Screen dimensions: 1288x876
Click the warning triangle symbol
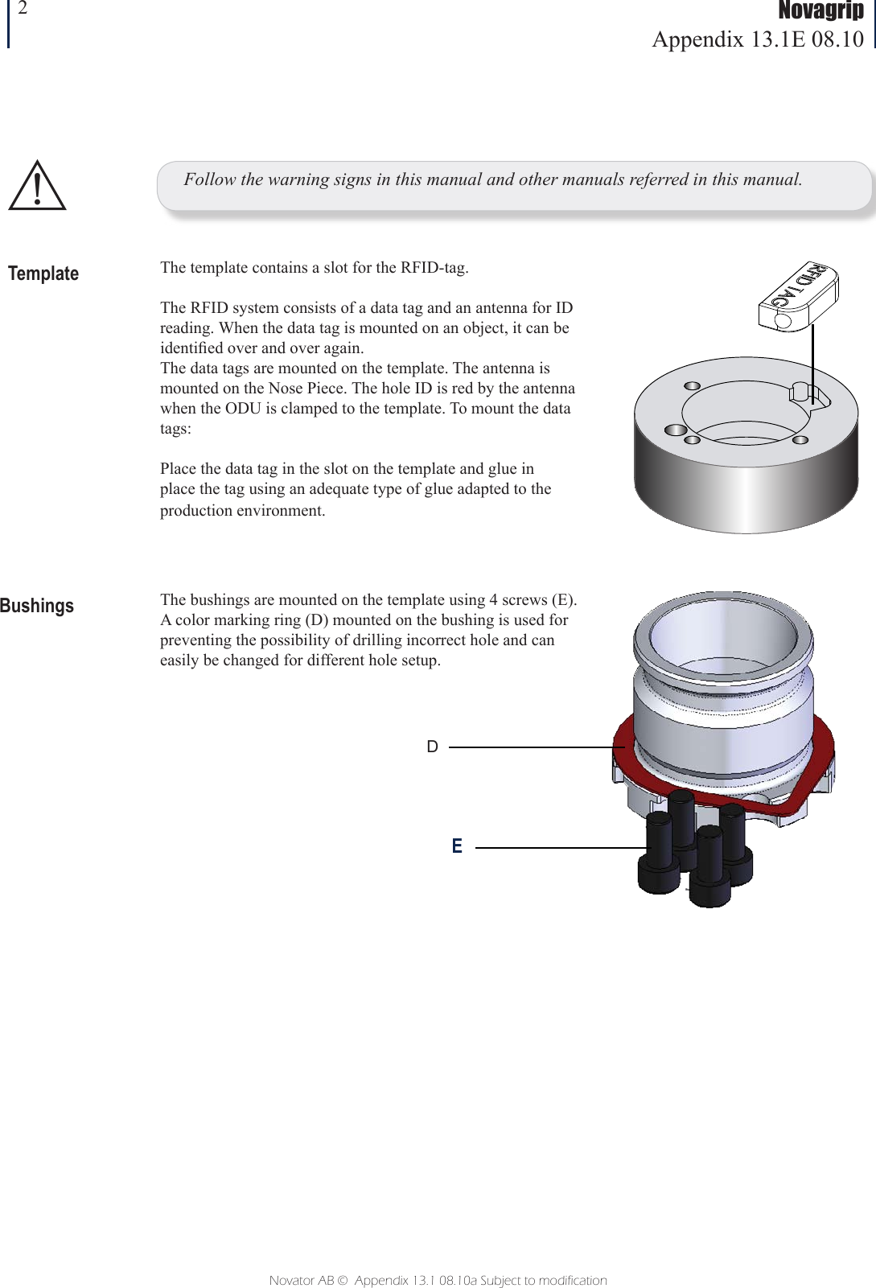[x=37, y=187]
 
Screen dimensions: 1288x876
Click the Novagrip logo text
[x=820, y=10]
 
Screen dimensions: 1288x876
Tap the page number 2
[x=23, y=9]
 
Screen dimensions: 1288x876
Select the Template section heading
[x=43, y=274]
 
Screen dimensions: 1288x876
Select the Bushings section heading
[x=37, y=606]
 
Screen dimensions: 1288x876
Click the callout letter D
[x=433, y=747]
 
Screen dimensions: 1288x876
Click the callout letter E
[x=457, y=846]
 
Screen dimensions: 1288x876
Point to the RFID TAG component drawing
[x=798, y=295]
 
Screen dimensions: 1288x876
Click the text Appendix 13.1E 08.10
[x=758, y=39]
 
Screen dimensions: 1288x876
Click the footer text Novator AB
[x=301, y=1280]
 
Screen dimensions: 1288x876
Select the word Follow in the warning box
[x=206, y=179]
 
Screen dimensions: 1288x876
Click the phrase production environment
[x=242, y=510]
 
